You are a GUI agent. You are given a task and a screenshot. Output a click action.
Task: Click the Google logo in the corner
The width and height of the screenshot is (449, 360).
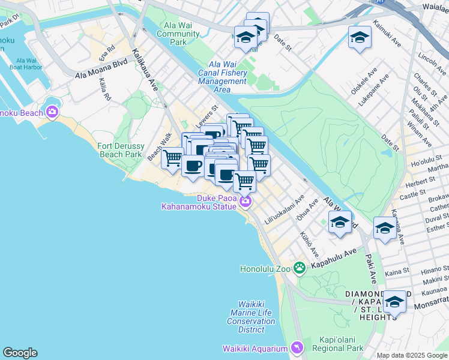pyautogui.click(x=20, y=353)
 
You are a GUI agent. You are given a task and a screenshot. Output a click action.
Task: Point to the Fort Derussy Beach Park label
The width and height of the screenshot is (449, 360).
pyautogui.click(x=119, y=150)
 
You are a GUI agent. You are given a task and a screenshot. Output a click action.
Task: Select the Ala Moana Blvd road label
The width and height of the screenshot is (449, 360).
pyautogui.click(x=101, y=67)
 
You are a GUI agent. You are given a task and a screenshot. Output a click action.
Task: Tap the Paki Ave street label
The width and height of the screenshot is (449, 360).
pyautogui.click(x=370, y=268)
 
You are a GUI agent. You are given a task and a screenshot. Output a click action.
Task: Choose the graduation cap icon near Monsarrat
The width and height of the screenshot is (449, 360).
pyautogui.click(x=394, y=301)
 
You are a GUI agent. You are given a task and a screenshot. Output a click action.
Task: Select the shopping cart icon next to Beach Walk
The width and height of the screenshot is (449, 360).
pyautogui.click(x=172, y=157)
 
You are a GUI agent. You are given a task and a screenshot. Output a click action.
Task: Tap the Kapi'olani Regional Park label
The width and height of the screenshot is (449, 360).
pyautogui.click(x=338, y=348)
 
